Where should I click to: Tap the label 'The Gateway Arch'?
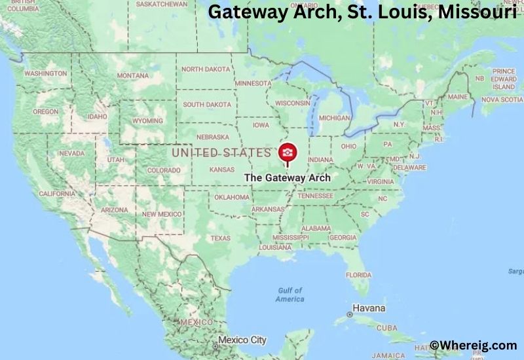(x=287, y=177)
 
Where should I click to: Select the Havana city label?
(x=369, y=308)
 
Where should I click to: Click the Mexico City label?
(x=242, y=340)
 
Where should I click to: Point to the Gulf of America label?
(x=290, y=295)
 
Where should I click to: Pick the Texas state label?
(x=221, y=238)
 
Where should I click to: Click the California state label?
(x=57, y=194)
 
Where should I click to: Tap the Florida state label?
(x=358, y=274)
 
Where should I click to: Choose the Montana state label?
(x=133, y=76)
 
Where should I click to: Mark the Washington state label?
(x=46, y=74)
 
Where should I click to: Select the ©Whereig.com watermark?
(x=464, y=345)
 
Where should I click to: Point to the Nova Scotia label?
(x=502, y=100)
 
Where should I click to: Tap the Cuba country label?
(x=386, y=327)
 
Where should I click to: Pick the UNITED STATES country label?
(x=221, y=153)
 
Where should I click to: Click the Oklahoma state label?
(x=232, y=197)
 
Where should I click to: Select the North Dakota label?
(x=206, y=69)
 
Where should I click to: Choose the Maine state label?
(x=458, y=97)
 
